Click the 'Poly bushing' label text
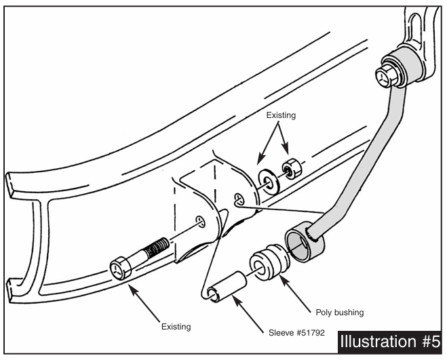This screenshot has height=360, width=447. click(x=340, y=313)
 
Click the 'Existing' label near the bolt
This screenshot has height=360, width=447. click(x=176, y=327)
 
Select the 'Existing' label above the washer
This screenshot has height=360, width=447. click(x=281, y=115)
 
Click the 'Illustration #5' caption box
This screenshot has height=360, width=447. click(x=389, y=340)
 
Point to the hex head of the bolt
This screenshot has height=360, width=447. click(x=118, y=270)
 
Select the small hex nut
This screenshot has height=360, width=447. click(x=290, y=167)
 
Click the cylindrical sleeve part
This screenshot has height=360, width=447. click(x=225, y=285)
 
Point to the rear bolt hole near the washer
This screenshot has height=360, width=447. click(x=239, y=199)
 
